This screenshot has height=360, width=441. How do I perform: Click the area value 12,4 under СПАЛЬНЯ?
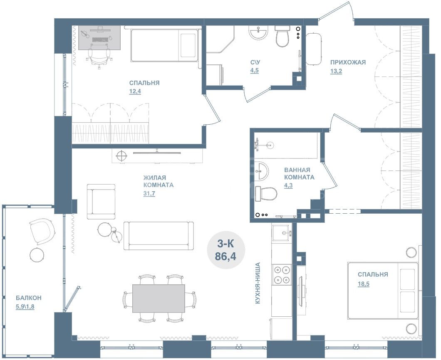[135, 91]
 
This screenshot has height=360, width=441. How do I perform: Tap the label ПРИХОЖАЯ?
[348, 62]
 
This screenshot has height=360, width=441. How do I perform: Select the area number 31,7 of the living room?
[149, 194]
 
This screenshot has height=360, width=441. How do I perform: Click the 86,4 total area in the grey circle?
[225, 256]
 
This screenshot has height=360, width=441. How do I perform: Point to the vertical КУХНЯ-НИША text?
[258, 283]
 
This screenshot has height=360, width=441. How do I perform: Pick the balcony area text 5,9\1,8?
[25, 306]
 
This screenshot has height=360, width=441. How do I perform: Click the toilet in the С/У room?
[282, 36]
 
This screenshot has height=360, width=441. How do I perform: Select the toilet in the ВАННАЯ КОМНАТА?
[266, 194]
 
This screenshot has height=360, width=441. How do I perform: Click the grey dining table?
[159, 298]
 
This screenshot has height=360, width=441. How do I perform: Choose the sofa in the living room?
[159, 236]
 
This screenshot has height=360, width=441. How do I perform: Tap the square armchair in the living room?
[101, 202]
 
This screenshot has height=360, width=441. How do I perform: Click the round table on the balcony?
[37, 255]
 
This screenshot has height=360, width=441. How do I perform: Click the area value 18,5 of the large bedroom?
[363, 284]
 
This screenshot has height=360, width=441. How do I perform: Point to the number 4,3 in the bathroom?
[288, 185]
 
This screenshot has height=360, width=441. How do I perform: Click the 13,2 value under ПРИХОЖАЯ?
[336, 71]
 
